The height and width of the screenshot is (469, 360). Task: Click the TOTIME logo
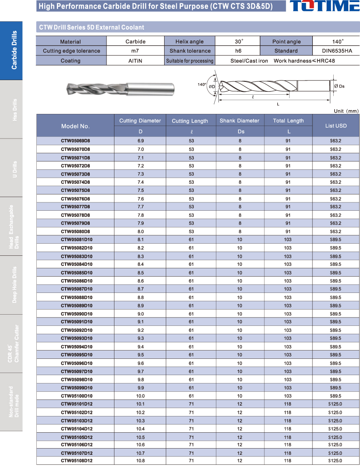pyautogui.click(x=324, y=7)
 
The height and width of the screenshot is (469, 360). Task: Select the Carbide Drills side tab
pyautogui.click(x=14, y=50)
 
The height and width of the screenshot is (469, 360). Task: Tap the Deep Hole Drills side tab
pyautogui.click(x=14, y=285)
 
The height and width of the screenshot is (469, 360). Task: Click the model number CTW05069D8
pyautogui.click(x=75, y=141)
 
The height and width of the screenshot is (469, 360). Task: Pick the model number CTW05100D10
pyautogui.click(x=76, y=396)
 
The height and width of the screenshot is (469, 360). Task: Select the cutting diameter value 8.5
pyautogui.click(x=140, y=272)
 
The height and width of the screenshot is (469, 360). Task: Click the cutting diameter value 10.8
pyautogui.click(x=140, y=461)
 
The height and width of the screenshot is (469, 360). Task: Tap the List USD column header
pyautogui.click(x=336, y=126)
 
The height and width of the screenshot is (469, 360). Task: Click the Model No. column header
pyautogui.click(x=75, y=126)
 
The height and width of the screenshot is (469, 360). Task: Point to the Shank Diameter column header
pyautogui.click(x=240, y=121)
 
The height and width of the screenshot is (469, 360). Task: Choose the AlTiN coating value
pyautogui.click(x=135, y=61)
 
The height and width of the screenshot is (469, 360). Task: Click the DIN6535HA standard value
pyautogui.click(x=337, y=51)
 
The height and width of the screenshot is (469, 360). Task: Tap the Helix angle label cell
pyautogui.click(x=190, y=41)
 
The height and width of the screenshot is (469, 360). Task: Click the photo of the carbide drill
pyautogui.click(x=119, y=88)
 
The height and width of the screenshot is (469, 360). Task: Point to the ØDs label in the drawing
pyautogui.click(x=340, y=86)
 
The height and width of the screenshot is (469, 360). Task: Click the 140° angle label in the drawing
pyautogui.click(x=202, y=85)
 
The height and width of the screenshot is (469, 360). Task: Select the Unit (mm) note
pyautogui.click(x=346, y=111)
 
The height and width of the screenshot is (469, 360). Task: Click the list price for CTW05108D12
pyautogui.click(x=335, y=461)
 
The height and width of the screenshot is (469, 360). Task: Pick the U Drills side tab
pyautogui.click(x=14, y=168)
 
